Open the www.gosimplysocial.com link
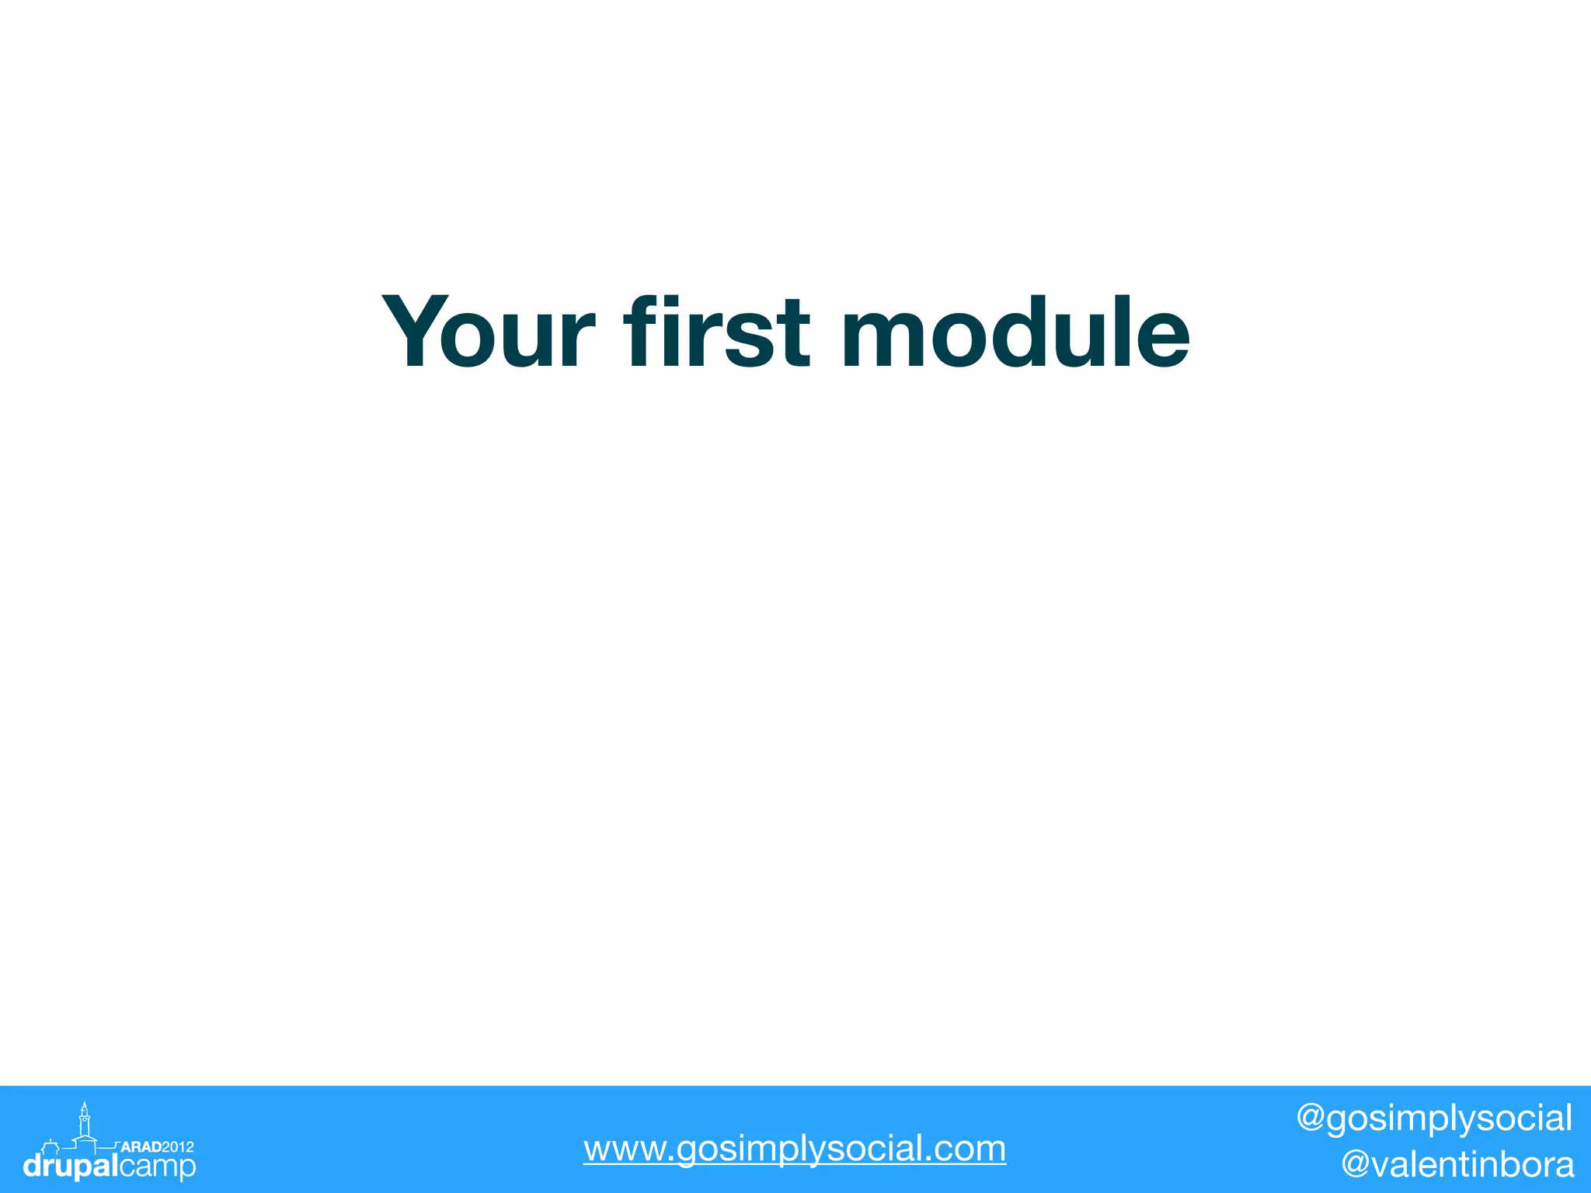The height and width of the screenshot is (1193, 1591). (x=795, y=1149)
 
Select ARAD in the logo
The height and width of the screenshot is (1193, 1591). (x=141, y=1146)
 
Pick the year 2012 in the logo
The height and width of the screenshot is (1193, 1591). (x=178, y=1146)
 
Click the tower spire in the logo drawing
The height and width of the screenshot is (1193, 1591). (x=84, y=1108)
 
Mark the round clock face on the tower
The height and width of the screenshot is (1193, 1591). (x=84, y=1120)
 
